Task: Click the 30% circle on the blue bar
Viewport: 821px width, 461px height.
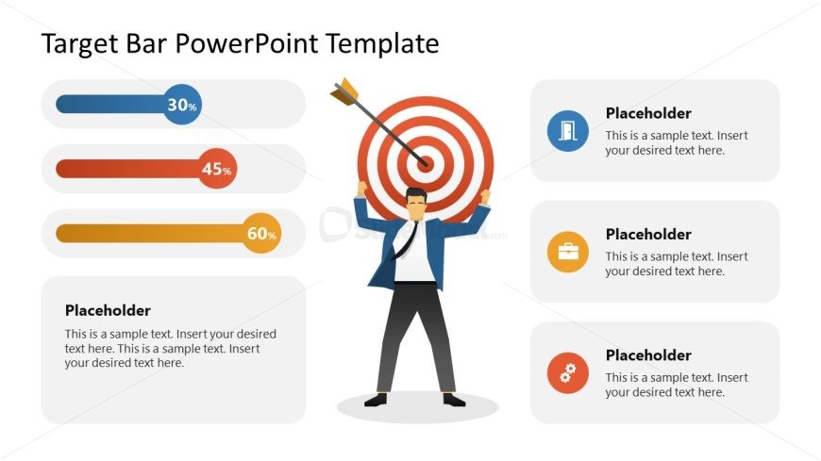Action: (182, 105)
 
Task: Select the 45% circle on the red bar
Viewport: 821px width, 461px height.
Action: (216, 170)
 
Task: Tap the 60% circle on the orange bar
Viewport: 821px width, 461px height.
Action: (261, 234)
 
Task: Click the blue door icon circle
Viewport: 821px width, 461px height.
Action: (568, 130)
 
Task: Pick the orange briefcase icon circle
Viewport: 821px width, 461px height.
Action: (568, 252)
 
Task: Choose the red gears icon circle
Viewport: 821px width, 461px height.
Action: (568, 373)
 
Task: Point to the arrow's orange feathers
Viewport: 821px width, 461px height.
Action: (343, 91)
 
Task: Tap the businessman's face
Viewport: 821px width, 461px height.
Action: (415, 205)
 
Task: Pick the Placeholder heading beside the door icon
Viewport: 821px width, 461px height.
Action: (648, 113)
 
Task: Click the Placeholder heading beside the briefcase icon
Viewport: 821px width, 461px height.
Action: (648, 234)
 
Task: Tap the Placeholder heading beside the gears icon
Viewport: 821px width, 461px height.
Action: (648, 355)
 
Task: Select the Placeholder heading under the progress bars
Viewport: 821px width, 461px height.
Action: (108, 310)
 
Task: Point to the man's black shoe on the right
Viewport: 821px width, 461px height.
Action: (454, 400)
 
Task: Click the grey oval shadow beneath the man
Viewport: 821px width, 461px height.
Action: (417, 408)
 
